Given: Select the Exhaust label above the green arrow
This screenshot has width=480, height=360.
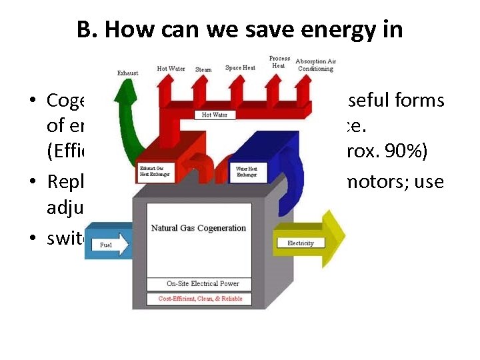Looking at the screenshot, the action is click(127, 73).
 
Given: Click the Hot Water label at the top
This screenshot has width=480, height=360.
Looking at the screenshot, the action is click(171, 69).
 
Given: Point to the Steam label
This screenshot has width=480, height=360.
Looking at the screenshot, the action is click(203, 69).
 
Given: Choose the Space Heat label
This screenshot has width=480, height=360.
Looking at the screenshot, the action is click(240, 67).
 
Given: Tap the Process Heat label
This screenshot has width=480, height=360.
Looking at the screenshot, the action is click(279, 62).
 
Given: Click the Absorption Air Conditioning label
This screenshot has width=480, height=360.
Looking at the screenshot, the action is click(315, 65).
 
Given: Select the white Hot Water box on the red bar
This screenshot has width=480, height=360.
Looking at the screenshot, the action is click(215, 115).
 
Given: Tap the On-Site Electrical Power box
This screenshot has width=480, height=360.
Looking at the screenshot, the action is click(199, 284).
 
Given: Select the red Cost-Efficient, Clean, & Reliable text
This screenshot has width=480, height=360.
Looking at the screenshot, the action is click(199, 299).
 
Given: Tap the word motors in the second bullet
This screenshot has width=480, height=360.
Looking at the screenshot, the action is click(392, 181).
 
